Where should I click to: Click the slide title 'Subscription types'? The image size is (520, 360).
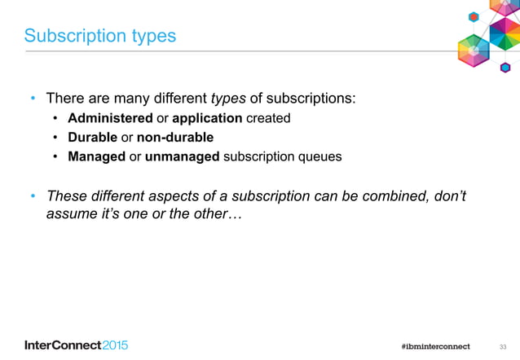pos(100,37)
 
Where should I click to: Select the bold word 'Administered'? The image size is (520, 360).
pos(110,118)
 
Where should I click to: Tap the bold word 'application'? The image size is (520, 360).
pos(207,118)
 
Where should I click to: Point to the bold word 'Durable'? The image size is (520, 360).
pos(93,137)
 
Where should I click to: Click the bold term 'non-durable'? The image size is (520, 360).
pos(175,137)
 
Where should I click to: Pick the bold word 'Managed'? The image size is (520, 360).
pos(97,156)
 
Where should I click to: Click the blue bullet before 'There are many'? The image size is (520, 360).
pos(33,100)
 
